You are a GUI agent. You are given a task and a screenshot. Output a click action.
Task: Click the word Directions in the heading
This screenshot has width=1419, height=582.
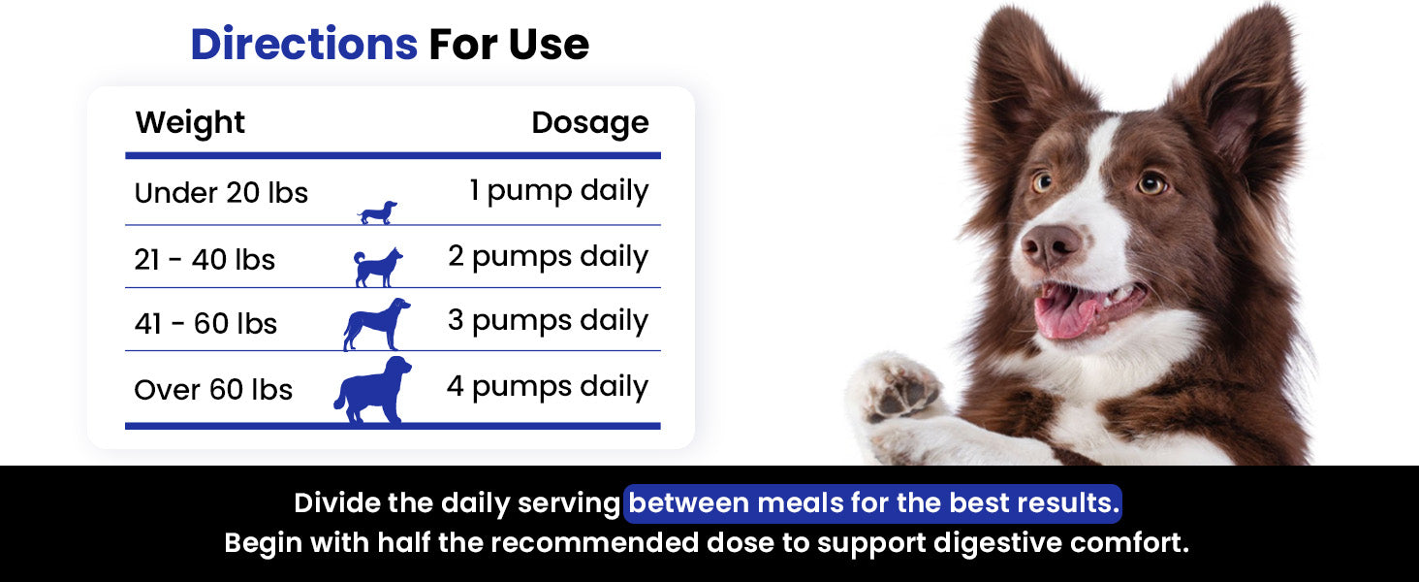[304, 45]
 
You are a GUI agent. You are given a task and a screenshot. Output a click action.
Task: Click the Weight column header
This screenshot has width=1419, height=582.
[190, 122]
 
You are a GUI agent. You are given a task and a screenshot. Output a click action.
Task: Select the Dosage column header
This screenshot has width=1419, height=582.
[589, 123]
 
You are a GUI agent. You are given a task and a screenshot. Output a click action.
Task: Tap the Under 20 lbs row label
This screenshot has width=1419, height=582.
[221, 193]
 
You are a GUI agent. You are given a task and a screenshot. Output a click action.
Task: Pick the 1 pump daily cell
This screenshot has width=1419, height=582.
[558, 191]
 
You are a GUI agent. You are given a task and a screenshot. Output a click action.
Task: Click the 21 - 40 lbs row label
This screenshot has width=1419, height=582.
[205, 259]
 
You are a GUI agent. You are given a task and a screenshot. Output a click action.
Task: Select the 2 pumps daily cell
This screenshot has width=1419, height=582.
[548, 257]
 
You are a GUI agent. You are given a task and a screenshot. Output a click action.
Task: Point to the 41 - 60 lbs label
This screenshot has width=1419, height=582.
[205, 323]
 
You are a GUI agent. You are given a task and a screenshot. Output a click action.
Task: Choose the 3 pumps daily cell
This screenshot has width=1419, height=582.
[548, 321]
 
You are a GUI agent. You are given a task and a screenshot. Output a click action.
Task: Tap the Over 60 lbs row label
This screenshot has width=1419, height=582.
[213, 389]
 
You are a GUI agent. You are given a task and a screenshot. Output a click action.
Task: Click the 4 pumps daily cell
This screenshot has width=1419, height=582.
[548, 387]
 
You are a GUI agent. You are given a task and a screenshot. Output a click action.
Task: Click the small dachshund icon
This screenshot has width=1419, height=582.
[378, 212]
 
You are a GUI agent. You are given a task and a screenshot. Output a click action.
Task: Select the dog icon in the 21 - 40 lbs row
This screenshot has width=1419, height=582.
[378, 268]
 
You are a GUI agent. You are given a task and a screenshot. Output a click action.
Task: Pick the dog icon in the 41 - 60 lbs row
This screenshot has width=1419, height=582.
[376, 324]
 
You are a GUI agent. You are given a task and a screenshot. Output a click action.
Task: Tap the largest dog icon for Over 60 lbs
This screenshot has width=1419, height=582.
[372, 390]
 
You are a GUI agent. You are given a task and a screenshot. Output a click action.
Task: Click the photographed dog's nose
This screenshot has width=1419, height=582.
[1050, 244]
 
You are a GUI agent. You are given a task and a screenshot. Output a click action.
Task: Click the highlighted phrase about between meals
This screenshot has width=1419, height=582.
[873, 503]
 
